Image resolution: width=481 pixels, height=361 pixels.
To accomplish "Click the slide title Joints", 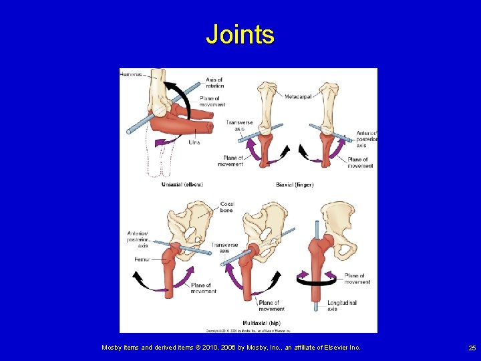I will pyautogui.click(x=240, y=34).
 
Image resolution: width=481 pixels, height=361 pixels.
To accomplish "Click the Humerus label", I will pyautogui.click(x=131, y=74).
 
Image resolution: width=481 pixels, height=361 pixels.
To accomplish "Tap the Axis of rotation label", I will pyautogui.click(x=214, y=83).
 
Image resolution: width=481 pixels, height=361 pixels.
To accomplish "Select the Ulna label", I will pyautogui.click(x=194, y=142).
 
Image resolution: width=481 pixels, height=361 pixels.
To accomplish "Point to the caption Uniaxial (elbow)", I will pyautogui.click(x=182, y=184).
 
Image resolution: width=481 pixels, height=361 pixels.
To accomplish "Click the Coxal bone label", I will pyautogui.click(x=226, y=207).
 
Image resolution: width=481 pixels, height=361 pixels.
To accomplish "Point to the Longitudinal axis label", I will pyautogui.click(x=342, y=306).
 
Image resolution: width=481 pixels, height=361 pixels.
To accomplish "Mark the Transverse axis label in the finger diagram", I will pyautogui.click(x=239, y=125).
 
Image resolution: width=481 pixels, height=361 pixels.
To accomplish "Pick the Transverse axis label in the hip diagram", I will pyautogui.click(x=225, y=248).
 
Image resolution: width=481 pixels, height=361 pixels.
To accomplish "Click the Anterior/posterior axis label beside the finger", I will pyautogui.click(x=366, y=139).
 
